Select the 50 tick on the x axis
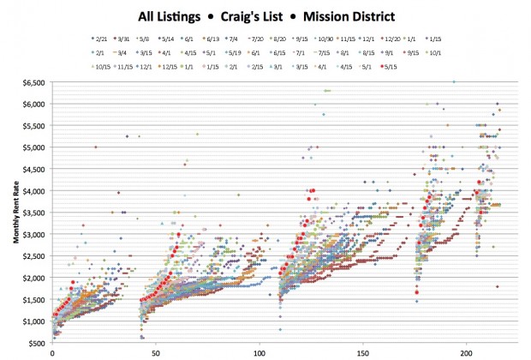[x=157, y=352]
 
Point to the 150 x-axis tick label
[x=363, y=352]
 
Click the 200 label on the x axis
[x=467, y=352]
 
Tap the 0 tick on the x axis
[x=53, y=352]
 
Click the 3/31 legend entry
[x=128, y=39]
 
